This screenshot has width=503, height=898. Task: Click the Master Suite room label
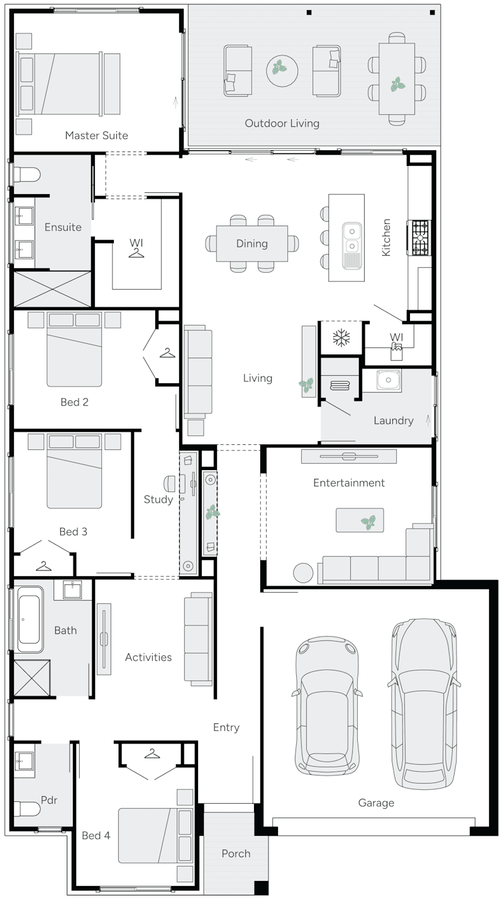pos(96,135)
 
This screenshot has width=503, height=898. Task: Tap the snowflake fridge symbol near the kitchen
pos(341,338)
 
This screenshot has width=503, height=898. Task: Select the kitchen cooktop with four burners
pos(419,238)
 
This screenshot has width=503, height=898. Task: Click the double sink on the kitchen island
pos(351,238)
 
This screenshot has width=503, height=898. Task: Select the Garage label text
pos(376,802)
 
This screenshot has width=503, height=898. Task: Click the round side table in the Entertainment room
pos(303,572)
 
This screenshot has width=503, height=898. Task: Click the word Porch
pos(236,853)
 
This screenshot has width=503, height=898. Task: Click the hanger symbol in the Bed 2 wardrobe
pos(167,353)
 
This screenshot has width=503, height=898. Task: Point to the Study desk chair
pos(170,483)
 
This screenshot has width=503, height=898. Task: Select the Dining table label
pos(252,244)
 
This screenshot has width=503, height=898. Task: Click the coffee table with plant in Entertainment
pos(360,520)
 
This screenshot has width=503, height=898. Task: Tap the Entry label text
pos(226,727)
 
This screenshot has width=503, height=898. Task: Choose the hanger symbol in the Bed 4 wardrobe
pos(152,753)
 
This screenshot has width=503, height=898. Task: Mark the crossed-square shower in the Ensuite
pos(52,289)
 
